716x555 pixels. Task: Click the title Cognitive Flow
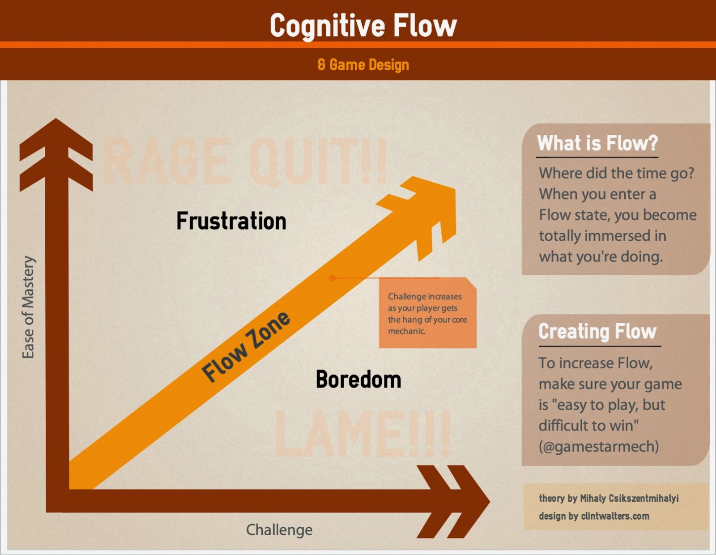point(363,26)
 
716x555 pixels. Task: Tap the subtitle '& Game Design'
point(363,65)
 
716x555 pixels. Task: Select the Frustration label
point(231,221)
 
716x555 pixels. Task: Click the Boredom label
point(358,380)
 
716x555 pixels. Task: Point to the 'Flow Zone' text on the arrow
point(246,346)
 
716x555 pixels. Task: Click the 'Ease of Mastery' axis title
point(28,307)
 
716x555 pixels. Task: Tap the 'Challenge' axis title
point(279,530)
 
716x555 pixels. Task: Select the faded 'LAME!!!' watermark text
point(362,434)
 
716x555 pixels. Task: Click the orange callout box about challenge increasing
point(427,313)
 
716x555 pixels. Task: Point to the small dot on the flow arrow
point(332,278)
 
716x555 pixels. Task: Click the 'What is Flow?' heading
point(597,143)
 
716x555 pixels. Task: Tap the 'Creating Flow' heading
point(597,332)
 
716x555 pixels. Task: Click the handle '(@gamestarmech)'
point(599,446)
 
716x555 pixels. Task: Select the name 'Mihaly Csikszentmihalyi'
point(629,498)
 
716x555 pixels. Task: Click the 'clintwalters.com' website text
point(615,516)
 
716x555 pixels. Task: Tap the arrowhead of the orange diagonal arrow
point(425,210)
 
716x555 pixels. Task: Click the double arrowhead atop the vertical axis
point(56,152)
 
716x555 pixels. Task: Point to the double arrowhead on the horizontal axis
point(452,501)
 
